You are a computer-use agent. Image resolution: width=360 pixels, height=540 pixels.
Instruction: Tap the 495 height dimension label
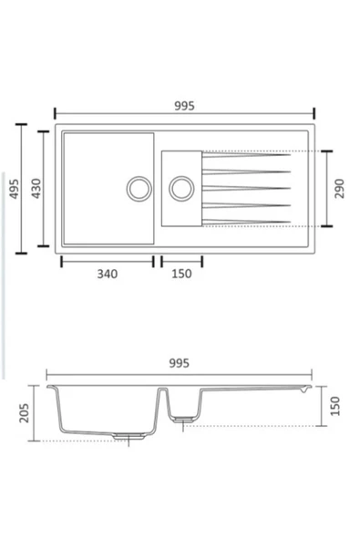point(13,188)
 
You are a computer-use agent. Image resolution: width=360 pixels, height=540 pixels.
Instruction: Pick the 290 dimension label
point(339,188)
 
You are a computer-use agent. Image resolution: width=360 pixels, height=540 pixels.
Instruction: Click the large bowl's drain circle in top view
point(139,188)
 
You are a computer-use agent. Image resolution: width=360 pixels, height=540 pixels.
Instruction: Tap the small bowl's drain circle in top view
point(180,188)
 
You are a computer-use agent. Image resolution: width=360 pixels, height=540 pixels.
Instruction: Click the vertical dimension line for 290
point(325,188)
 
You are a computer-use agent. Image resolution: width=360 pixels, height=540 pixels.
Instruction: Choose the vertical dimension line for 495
point(25,188)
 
